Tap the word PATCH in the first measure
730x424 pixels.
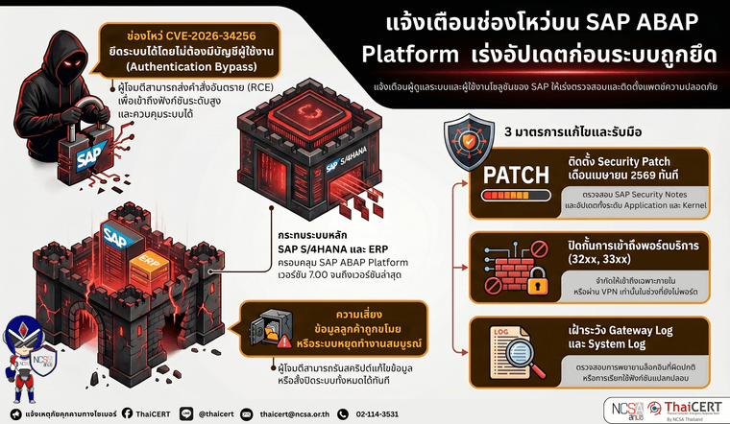coord(517,175)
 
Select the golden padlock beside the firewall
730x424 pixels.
coord(536,279)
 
